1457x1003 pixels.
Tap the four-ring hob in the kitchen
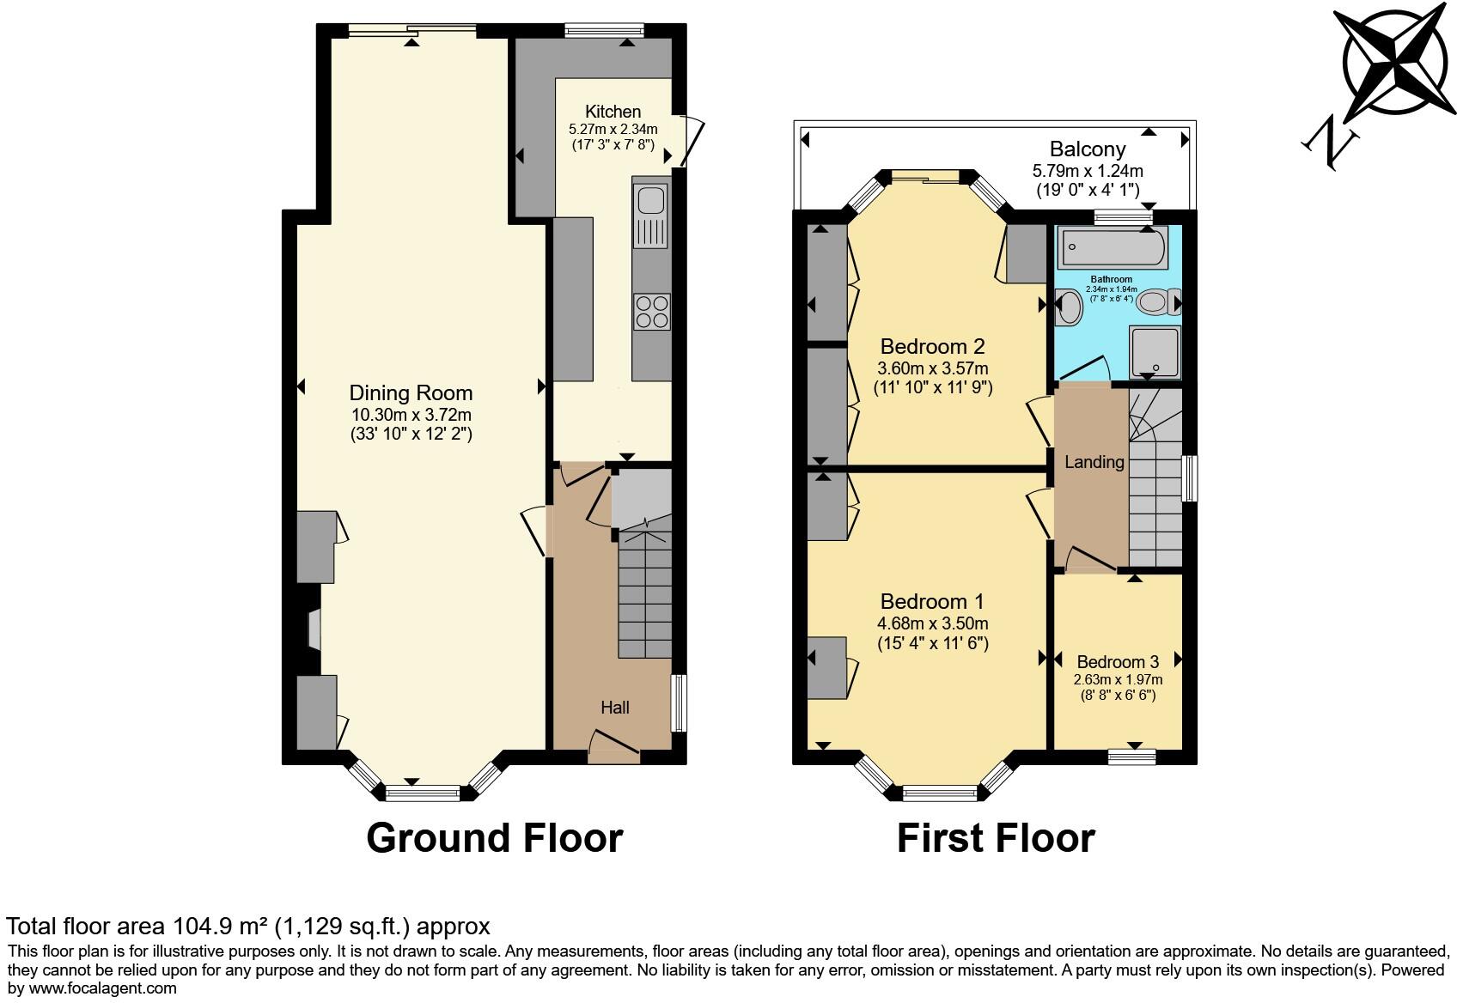click(652, 312)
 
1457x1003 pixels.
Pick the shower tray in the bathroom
click(1155, 352)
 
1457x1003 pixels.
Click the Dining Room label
click(411, 392)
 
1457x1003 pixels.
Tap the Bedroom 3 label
click(1118, 662)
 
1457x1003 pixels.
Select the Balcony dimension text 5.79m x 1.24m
click(1088, 171)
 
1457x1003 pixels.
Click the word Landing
click(1094, 461)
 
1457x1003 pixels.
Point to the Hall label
click(615, 708)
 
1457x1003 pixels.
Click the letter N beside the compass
click(1330, 143)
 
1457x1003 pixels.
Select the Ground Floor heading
click(494, 838)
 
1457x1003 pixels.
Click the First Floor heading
click(996, 838)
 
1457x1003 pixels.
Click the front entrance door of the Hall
click(614, 748)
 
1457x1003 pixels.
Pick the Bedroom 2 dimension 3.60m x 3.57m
click(933, 368)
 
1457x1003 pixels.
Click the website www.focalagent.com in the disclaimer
click(102, 988)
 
